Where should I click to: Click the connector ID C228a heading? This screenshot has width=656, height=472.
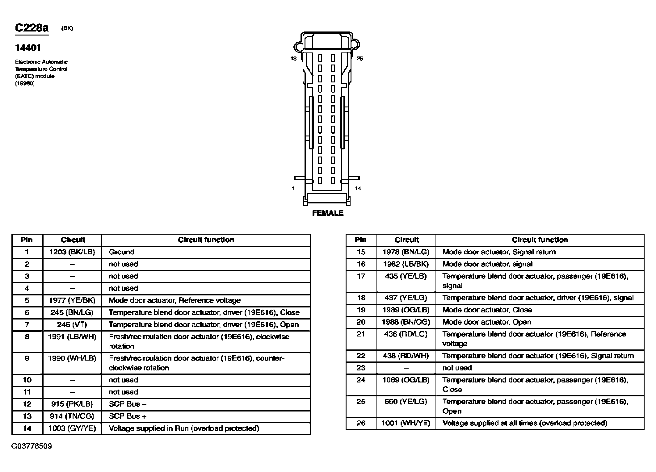point(32,28)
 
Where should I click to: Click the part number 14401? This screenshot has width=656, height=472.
point(28,48)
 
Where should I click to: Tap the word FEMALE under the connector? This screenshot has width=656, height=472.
point(328,213)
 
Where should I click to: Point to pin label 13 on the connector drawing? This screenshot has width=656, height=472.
point(293,58)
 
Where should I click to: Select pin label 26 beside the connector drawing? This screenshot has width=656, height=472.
point(360,58)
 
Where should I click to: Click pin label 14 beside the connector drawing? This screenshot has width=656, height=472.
point(358,188)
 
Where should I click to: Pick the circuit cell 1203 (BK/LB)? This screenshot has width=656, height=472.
point(72,252)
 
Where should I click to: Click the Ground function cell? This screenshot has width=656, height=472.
point(121,252)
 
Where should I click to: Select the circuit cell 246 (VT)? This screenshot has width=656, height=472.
point(72,324)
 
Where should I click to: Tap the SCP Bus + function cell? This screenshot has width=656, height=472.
point(127,416)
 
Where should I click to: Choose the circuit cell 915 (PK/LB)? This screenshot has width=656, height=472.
point(72,404)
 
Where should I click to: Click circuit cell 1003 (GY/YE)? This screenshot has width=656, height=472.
point(72,428)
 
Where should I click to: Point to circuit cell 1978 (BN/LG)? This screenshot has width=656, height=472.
point(406,252)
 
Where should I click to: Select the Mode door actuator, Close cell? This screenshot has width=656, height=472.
point(487,310)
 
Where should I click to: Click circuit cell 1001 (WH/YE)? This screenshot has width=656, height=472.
point(406,423)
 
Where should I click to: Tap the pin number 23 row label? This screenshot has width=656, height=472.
point(361,368)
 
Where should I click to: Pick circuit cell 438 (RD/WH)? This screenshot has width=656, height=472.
point(406,356)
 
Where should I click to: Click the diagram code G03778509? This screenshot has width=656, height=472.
point(32,446)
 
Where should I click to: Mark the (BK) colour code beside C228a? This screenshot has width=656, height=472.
point(67,28)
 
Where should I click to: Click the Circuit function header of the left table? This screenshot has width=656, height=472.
point(206,240)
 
